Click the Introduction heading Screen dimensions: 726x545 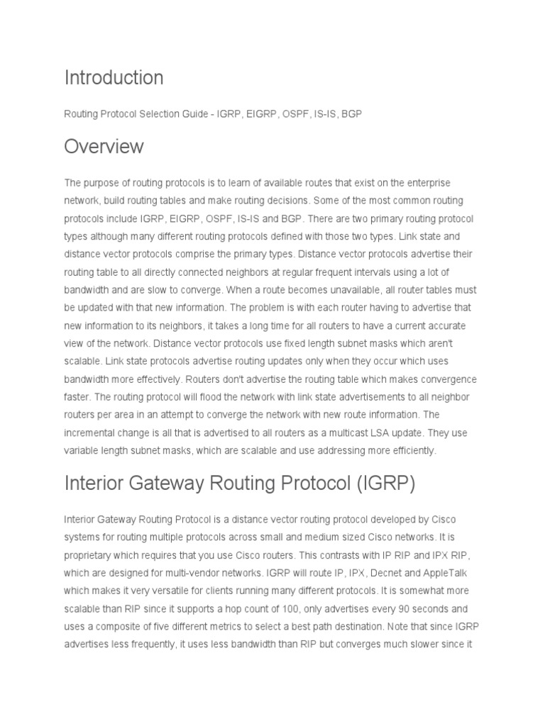tap(114, 77)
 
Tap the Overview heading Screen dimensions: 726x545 tap(104, 147)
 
